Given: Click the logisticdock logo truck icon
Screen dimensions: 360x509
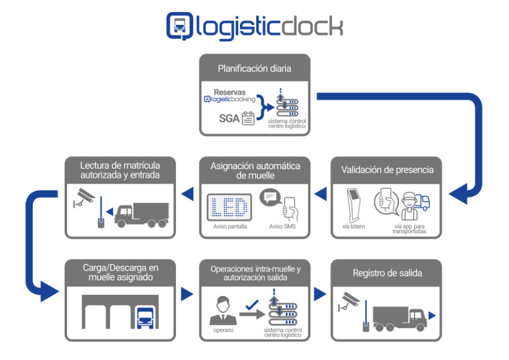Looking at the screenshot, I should coord(180,26).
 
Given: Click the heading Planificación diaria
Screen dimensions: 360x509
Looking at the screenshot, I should coord(254,69).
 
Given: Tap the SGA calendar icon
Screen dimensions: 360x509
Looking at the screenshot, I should coord(248,118).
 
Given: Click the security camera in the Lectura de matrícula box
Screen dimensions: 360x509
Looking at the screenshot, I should coord(83,196).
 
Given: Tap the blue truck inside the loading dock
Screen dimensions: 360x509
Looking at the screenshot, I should coord(145,317).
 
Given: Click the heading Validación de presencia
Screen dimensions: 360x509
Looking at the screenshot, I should coord(386,170).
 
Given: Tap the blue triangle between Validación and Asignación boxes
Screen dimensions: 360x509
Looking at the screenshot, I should coord(321,194).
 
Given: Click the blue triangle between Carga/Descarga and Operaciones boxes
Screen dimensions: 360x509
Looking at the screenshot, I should coord(187,294).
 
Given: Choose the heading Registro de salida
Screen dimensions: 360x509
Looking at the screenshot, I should coord(386,273).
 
